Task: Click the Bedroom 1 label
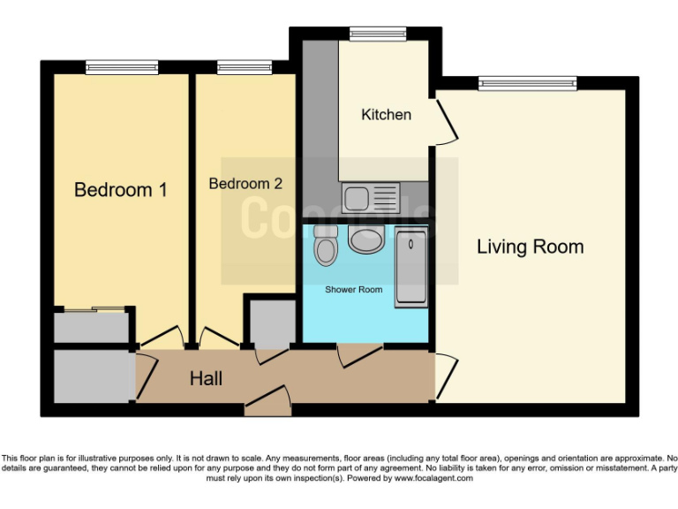coord(121,189)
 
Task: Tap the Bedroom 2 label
coord(245,184)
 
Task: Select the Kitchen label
coord(386,115)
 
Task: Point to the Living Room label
coord(530,247)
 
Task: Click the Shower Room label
coord(353,290)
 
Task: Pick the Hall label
coord(206,379)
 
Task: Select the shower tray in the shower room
coord(411,266)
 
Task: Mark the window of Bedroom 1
coord(122,66)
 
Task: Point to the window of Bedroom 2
coord(232,66)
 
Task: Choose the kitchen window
coord(378,34)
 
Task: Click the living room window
coord(527,83)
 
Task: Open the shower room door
coord(359,353)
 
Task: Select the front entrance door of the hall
coord(268,401)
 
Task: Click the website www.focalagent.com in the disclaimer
coord(433,478)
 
